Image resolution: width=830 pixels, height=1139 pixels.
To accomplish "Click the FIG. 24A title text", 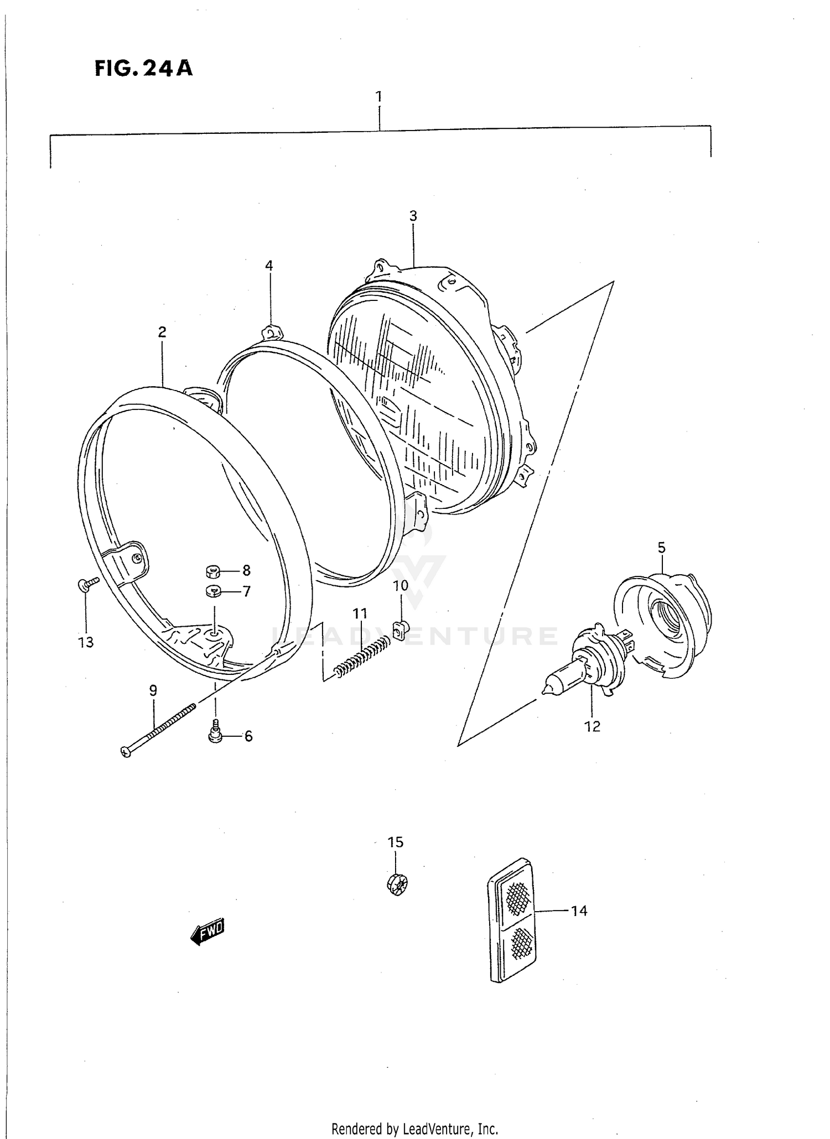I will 143,68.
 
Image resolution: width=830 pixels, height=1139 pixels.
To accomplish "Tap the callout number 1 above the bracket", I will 379,97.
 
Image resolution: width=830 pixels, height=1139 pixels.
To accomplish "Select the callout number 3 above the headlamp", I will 413,216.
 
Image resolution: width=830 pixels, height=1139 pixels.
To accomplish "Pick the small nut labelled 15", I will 396,883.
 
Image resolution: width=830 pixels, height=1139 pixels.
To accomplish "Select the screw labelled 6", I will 216,733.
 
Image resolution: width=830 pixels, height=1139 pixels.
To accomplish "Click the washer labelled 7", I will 214,591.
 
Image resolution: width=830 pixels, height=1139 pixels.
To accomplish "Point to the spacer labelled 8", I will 214,570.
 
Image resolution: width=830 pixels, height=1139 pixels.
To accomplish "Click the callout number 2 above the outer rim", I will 162,332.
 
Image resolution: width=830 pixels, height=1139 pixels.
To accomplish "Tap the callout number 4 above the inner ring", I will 269,266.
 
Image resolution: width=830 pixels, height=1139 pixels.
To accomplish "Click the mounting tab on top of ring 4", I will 271,332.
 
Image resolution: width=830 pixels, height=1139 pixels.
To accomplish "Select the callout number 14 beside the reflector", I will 579,911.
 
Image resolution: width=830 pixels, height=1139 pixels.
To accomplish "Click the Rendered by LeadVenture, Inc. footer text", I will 415,1128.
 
